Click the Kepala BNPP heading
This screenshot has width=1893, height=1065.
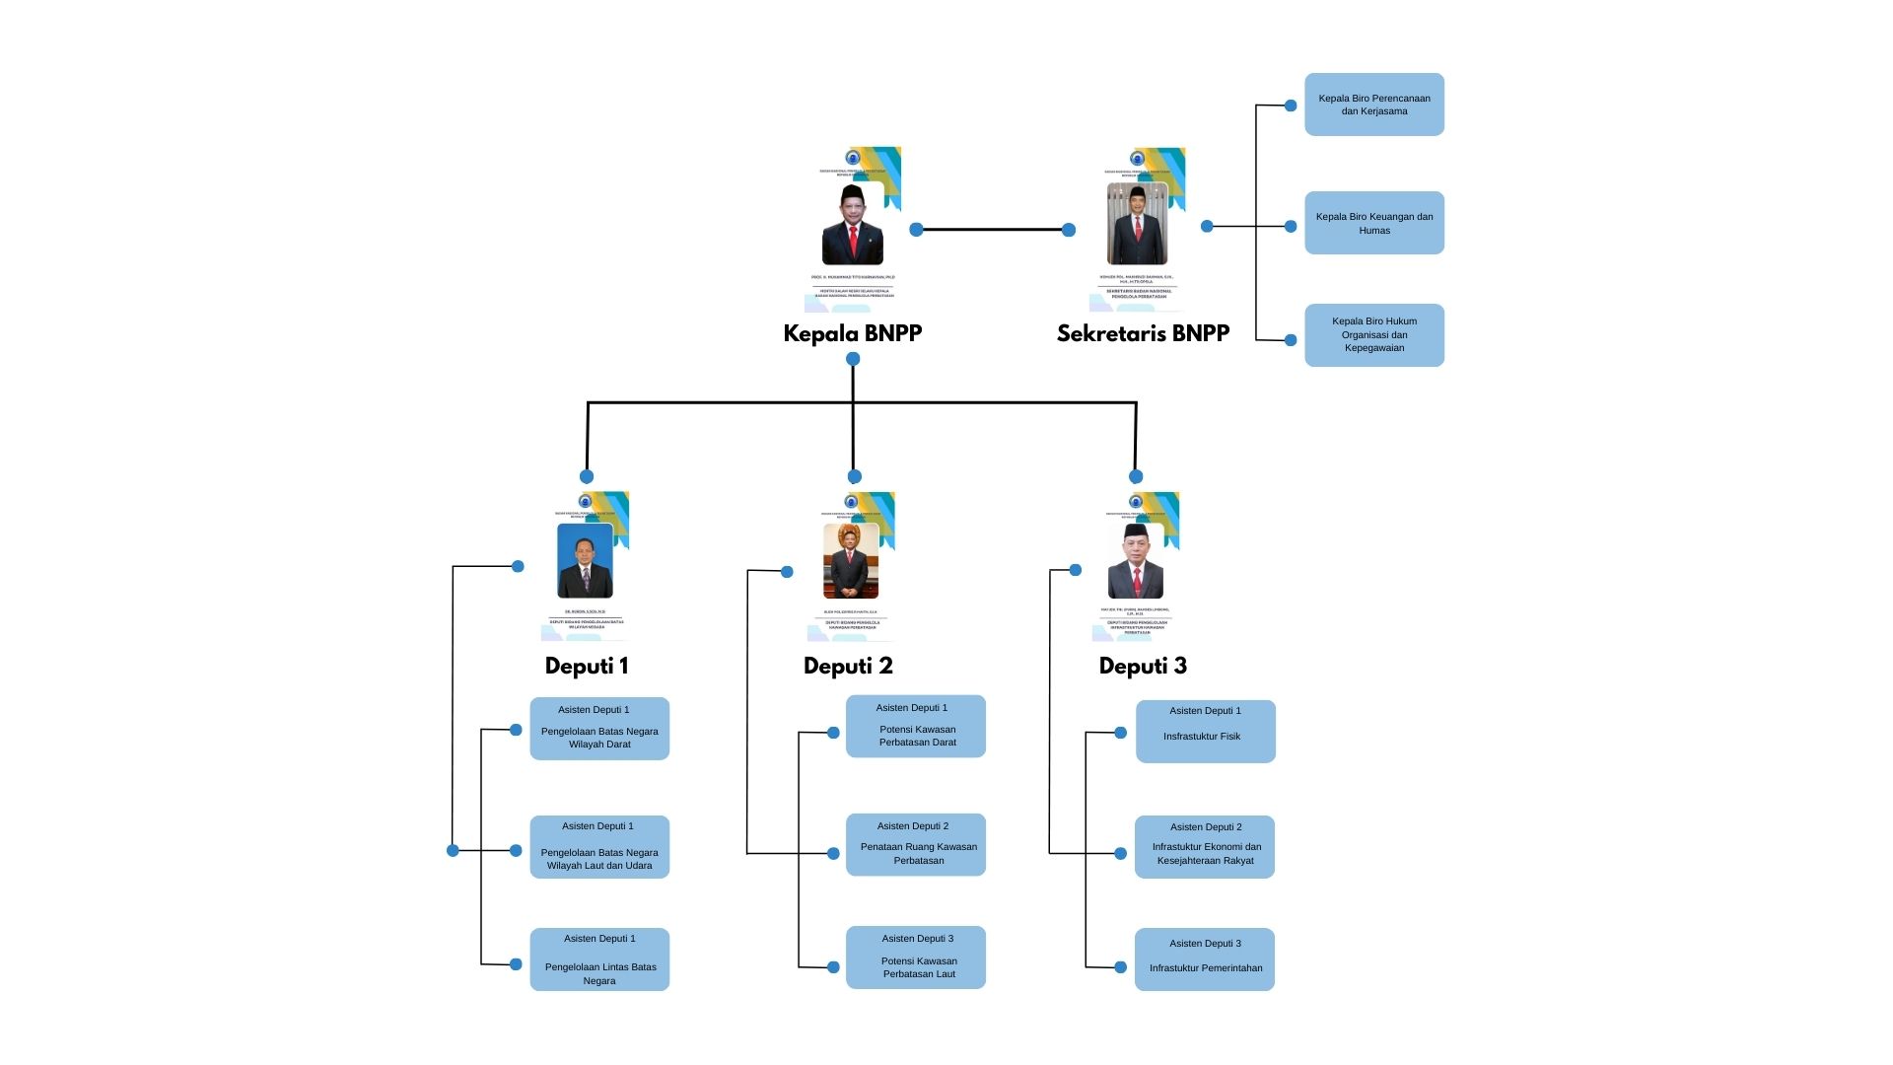point(852,333)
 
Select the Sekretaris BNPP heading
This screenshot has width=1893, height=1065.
point(1143,333)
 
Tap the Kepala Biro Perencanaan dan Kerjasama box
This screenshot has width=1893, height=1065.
point(1373,105)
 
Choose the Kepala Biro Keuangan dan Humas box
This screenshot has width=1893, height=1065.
point(1373,223)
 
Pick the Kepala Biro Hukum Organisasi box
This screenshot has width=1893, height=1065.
point(1373,335)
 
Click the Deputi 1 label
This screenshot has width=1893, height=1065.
point(587,666)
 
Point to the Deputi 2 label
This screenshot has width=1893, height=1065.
point(848,666)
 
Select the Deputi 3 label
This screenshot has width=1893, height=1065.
point(1143,666)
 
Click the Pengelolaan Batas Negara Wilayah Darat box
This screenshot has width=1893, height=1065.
point(599,729)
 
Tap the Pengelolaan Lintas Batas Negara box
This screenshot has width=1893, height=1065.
point(599,959)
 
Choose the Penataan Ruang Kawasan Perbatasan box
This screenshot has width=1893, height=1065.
point(915,845)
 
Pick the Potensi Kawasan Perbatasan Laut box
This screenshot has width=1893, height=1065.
point(915,958)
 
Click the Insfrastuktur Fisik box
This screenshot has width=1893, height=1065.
point(1205,732)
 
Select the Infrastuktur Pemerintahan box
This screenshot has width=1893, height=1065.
point(1204,959)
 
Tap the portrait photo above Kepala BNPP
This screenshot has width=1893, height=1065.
point(853,225)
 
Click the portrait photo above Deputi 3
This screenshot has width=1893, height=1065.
point(1136,561)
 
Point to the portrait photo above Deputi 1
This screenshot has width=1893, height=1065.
point(586,561)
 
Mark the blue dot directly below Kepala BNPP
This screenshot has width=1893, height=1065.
point(853,359)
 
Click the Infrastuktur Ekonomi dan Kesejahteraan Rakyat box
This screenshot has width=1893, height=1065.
point(1204,847)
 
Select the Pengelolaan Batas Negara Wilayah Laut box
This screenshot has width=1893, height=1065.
point(599,847)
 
